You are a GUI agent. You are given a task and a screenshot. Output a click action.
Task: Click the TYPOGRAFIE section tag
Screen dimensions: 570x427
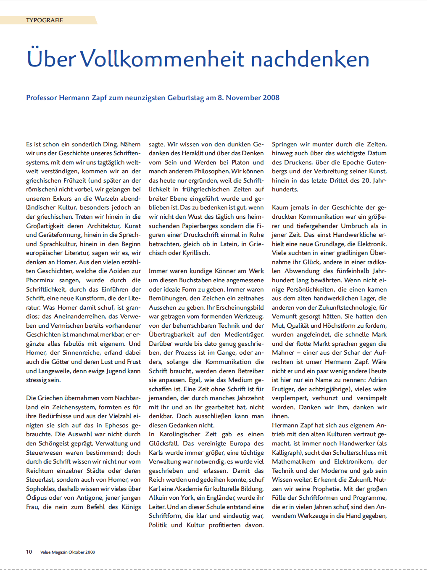(x=45, y=20)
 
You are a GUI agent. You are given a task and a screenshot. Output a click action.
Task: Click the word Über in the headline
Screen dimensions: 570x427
(x=51, y=58)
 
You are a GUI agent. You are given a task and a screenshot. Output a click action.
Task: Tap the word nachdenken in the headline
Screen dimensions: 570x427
(x=310, y=59)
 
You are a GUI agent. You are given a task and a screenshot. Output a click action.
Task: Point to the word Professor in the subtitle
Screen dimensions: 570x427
(x=41, y=98)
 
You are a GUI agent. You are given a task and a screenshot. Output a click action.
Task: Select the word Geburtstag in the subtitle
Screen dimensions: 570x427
(x=185, y=98)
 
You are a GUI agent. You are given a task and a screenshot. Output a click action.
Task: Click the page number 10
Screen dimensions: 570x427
(x=29, y=552)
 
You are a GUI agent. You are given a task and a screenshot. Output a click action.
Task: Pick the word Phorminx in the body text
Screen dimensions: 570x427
(x=40, y=280)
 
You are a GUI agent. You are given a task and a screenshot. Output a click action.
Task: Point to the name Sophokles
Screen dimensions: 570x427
(x=42, y=489)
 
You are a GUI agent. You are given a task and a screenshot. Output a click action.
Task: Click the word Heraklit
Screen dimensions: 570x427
(x=193, y=153)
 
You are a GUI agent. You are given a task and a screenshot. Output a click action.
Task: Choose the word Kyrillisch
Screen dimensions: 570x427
(x=196, y=253)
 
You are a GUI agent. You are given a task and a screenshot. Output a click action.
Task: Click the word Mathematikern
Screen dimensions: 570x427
(x=293, y=461)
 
